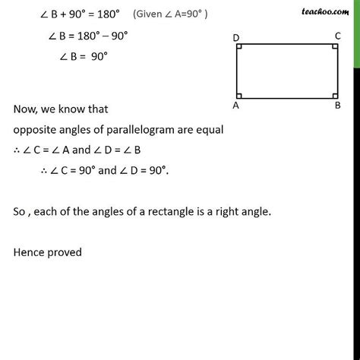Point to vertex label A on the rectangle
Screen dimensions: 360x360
[236, 106]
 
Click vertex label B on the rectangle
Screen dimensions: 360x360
[338, 106]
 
